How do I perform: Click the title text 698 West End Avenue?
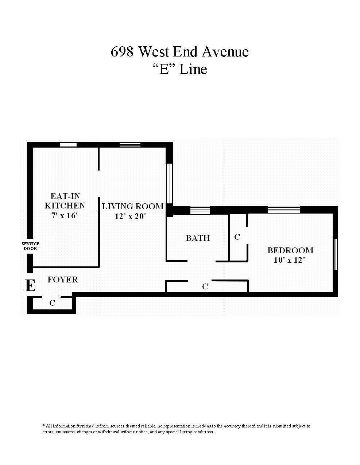click(x=179, y=52)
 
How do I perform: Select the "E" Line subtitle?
click(x=179, y=69)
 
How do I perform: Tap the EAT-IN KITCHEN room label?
click(x=65, y=201)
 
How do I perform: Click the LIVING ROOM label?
click(x=132, y=206)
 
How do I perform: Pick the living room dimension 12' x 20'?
click(x=130, y=216)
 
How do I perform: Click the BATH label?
click(x=198, y=238)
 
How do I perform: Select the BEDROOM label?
click(x=290, y=250)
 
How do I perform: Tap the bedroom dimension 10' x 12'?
click(x=289, y=260)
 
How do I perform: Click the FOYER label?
click(x=63, y=280)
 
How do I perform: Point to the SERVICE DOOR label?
click(x=30, y=246)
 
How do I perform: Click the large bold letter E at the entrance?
click(x=30, y=286)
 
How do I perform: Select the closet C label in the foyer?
click(x=52, y=303)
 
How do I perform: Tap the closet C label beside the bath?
click(x=237, y=237)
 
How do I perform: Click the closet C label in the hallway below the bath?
click(x=205, y=287)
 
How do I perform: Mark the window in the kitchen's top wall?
click(x=68, y=145)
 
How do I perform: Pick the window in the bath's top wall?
click(x=200, y=210)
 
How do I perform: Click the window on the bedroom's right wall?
click(x=335, y=254)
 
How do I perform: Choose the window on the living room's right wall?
click(x=169, y=183)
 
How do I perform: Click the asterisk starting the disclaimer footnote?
click(x=44, y=425)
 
